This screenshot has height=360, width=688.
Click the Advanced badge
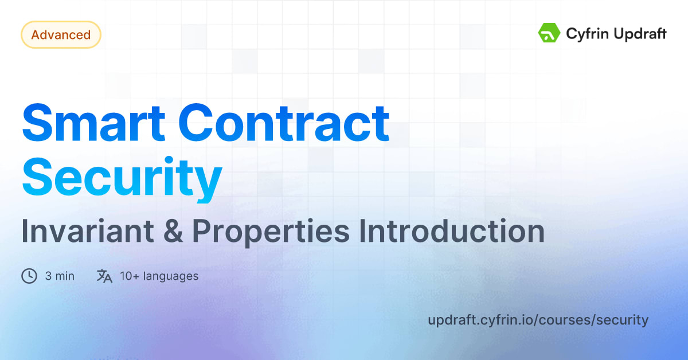coord(61,35)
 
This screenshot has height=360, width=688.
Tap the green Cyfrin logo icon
coord(549,33)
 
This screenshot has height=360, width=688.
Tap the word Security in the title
coord(122,178)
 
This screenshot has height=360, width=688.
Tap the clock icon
coord(29,276)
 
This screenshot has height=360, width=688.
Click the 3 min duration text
coord(60,276)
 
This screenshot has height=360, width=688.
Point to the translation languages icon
coord(104,276)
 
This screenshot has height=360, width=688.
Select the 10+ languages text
coord(159,276)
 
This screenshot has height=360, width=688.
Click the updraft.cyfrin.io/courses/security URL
coord(538,320)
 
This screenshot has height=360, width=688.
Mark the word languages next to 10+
coord(171,276)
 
